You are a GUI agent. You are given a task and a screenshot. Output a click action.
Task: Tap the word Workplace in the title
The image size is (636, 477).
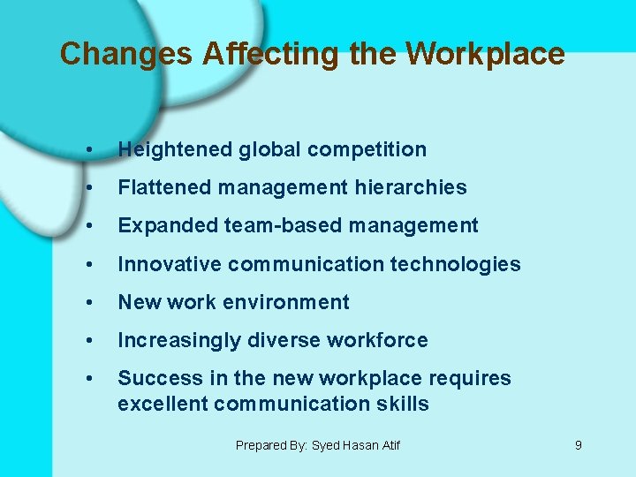coord(485,55)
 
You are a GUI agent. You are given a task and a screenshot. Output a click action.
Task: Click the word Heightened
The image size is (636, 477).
coord(175,150)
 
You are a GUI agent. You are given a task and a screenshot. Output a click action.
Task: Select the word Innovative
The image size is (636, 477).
coord(170,264)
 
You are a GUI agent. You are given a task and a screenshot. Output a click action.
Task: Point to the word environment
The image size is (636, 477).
coord(296,302)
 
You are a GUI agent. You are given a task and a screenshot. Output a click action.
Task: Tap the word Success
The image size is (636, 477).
coord(151,378)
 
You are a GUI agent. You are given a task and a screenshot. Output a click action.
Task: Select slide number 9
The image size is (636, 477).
coord(579,445)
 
